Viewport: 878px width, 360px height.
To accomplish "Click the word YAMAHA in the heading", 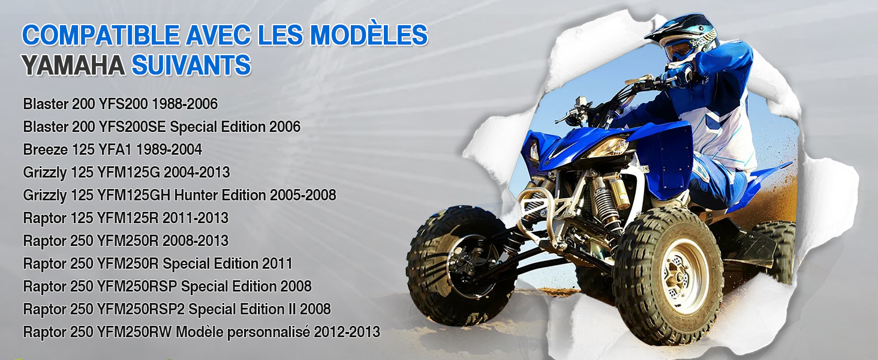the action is point(73,65).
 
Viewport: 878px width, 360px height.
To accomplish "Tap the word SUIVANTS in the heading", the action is point(191,65).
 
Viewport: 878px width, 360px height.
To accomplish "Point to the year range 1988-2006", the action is point(185,104).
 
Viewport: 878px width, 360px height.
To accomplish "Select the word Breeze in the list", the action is point(46,149).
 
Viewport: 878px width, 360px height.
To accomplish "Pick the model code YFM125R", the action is point(128,218).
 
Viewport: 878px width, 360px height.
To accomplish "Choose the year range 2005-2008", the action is point(303,195).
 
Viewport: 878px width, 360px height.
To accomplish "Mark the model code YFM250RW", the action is point(134,332).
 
